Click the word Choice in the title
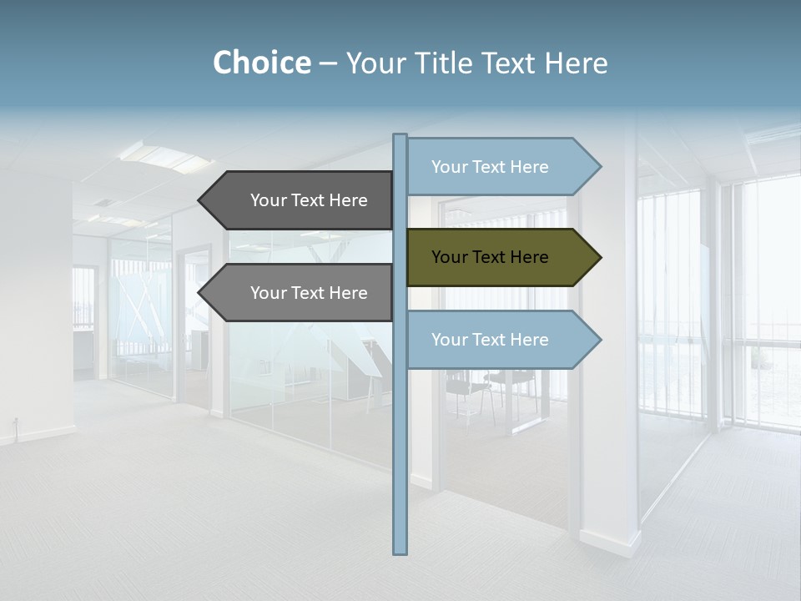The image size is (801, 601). (x=261, y=63)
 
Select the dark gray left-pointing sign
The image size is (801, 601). (x=300, y=200)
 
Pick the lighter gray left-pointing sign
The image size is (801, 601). (x=300, y=293)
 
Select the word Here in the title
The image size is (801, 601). (x=576, y=63)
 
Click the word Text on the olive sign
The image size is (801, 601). (x=491, y=257)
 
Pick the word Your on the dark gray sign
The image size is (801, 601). (x=268, y=200)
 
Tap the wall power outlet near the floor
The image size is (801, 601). (x=14, y=422)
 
